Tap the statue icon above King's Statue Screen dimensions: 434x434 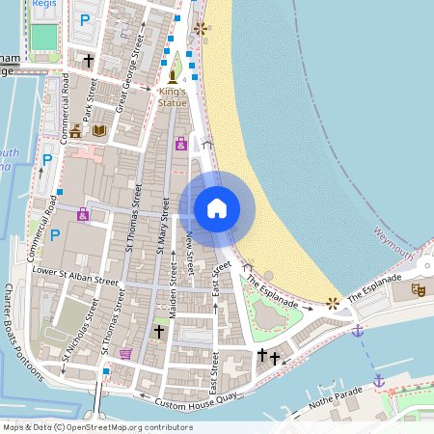point(173,77)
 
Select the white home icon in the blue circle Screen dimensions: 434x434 point(217,208)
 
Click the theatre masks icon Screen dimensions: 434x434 point(419,288)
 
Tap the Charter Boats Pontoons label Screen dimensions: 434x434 point(22,328)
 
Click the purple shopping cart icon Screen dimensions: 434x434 point(125,354)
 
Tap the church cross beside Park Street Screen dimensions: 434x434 point(89,61)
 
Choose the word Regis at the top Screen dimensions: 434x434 point(43,4)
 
